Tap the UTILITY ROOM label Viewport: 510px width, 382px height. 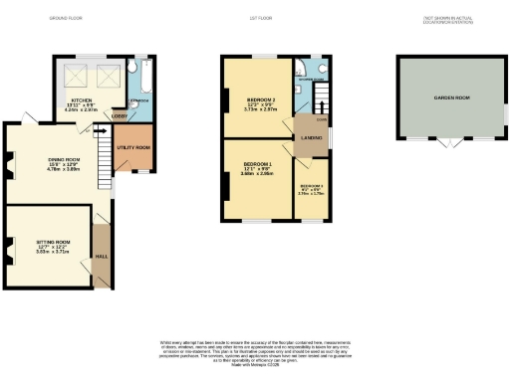(134, 147)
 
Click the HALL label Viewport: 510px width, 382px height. (101, 256)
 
